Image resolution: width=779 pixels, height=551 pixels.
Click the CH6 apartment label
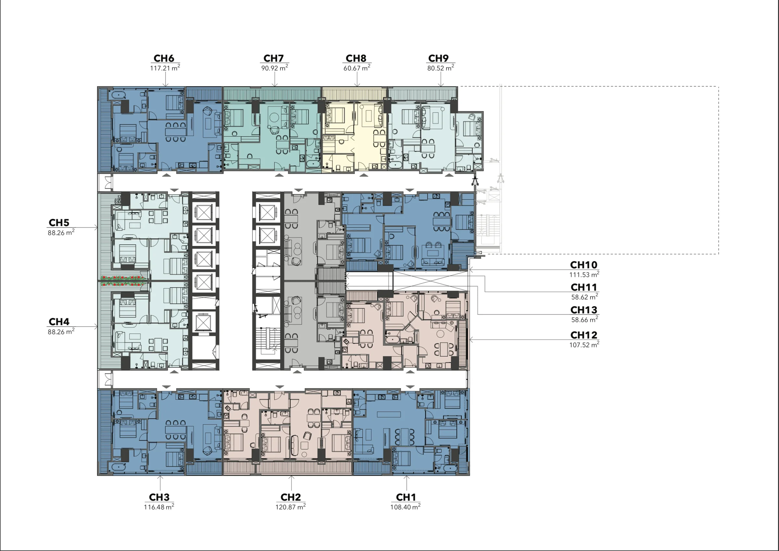pos(164,58)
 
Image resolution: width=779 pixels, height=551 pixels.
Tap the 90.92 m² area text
pos(275,68)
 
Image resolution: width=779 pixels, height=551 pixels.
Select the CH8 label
pos(356,58)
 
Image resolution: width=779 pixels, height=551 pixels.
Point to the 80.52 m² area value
pos(440,68)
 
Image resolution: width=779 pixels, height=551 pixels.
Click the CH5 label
pos(59,223)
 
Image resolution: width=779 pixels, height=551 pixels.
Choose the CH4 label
pos(59,322)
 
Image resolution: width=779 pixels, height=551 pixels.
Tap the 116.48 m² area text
pos(159,506)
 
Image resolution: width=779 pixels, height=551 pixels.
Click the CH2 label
pos(291,497)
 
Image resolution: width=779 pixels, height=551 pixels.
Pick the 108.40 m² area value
pos(405,506)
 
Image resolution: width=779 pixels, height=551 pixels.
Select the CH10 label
pos(584,265)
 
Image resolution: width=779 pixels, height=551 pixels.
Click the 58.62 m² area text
pos(585,297)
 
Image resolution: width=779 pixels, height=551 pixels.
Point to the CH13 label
pos(584,310)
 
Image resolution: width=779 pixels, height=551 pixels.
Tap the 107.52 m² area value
pos(584,345)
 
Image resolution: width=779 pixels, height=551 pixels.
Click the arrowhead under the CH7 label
pos(275,85)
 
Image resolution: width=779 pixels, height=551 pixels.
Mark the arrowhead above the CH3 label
pos(160,478)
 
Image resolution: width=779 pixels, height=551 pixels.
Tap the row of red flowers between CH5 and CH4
pos(124,281)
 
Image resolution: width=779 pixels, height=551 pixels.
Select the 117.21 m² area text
pos(165,68)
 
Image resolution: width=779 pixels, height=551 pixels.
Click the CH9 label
pos(439,58)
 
